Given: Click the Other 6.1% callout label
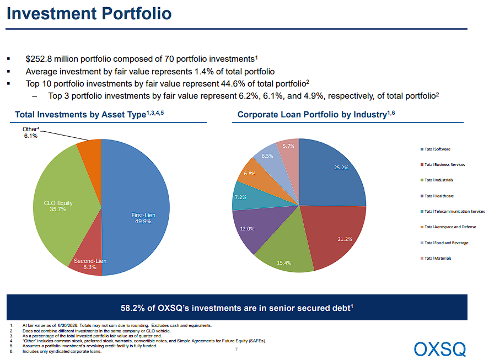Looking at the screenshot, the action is pos(30,132).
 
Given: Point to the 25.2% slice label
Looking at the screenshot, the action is pos(341,168).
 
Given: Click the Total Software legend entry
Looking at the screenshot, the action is pos(436,149).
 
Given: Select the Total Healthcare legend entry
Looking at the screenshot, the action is pos(437,196).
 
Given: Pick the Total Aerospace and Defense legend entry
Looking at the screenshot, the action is pos(448,227).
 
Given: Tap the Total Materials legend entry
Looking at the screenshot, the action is pos(436,259).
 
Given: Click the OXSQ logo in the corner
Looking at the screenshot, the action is pos(440,349).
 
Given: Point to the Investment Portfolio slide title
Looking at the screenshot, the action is pos(89,13).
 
